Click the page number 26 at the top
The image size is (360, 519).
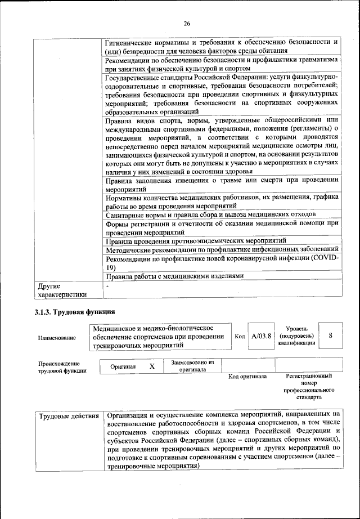pyautogui.click(x=187, y=23)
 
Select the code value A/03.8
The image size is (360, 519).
pyautogui.click(x=262, y=336)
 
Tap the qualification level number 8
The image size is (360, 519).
pyautogui.click(x=331, y=335)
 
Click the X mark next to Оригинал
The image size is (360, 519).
pyautogui.click(x=152, y=366)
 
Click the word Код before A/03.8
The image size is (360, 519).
pyautogui.click(x=240, y=336)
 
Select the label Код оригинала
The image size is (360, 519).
pyautogui.click(x=247, y=376)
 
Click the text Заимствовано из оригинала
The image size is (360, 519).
pyautogui.click(x=193, y=366)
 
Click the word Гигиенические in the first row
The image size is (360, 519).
pyautogui.click(x=133, y=41)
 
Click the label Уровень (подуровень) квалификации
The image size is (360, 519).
pyautogui.click(x=296, y=335)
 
